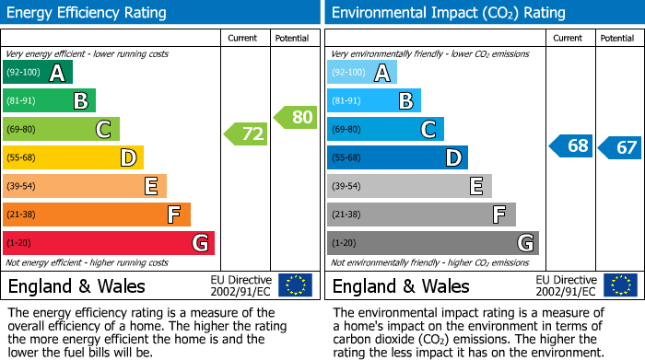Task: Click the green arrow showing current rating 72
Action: point(246,134)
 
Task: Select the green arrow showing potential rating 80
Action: point(296,117)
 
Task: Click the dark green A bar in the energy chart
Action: point(38,73)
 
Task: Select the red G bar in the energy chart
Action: point(109,243)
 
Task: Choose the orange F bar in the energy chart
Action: point(97,215)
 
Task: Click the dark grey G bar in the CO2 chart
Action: point(432,243)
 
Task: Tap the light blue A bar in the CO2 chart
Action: point(362,73)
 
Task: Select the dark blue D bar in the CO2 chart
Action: point(397,157)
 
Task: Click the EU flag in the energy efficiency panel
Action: point(295,285)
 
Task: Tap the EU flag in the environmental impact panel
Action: point(619,285)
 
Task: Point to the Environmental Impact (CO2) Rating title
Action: point(448,13)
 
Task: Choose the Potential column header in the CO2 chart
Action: point(617,39)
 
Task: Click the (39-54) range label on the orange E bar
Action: point(21,187)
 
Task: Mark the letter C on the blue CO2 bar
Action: point(428,130)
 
